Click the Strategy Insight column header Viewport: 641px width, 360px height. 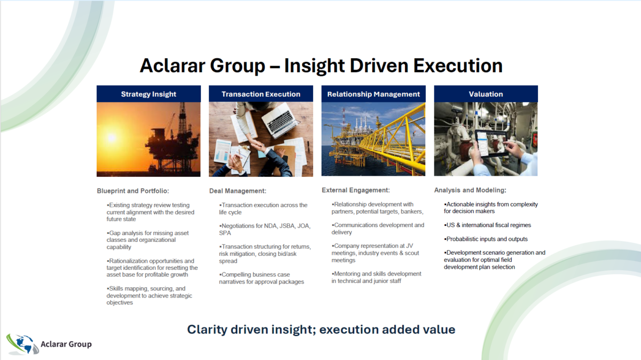[x=148, y=94]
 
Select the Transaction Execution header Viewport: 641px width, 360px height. [x=261, y=94]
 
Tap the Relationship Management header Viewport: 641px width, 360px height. [x=373, y=94]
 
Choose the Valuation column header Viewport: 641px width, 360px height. [x=486, y=94]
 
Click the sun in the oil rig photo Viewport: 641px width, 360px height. [x=112, y=138]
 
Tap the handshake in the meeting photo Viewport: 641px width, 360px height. [x=259, y=146]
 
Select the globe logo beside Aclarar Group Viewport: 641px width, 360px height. [x=22, y=344]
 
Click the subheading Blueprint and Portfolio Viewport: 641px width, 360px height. [x=133, y=191]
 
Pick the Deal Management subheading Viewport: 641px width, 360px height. [x=238, y=191]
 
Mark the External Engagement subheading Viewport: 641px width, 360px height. [x=356, y=190]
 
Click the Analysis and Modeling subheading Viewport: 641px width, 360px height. [x=470, y=190]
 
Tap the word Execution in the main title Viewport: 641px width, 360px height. [x=458, y=66]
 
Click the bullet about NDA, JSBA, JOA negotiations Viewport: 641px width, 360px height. [x=265, y=229]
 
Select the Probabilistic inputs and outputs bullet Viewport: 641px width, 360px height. [x=486, y=239]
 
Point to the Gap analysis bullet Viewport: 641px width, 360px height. [x=147, y=240]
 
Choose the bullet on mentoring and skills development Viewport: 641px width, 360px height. [x=376, y=277]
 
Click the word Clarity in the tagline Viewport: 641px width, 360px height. [x=207, y=330]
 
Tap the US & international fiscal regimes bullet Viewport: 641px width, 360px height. [x=487, y=225]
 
